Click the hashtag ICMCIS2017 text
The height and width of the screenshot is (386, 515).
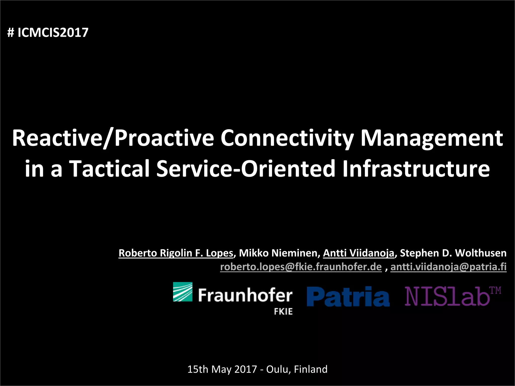[48, 32]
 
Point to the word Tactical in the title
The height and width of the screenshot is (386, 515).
[110, 168]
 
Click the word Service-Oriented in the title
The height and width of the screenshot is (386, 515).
[246, 168]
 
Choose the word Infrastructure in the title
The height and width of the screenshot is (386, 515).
[416, 168]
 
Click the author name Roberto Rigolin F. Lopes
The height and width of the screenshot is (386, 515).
[176, 253]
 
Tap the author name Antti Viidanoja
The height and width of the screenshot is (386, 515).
[358, 253]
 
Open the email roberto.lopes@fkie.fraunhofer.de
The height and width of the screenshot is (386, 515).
[301, 267]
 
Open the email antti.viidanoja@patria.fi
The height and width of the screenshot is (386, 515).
[448, 267]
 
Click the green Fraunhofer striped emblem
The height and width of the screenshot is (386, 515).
[183, 292]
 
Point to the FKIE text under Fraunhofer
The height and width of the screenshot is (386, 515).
[283, 312]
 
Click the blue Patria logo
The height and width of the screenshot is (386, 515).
[348, 297]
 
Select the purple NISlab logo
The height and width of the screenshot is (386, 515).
[447, 297]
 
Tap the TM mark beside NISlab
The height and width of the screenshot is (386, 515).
[495, 291]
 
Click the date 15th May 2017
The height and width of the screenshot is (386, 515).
[222, 369]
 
